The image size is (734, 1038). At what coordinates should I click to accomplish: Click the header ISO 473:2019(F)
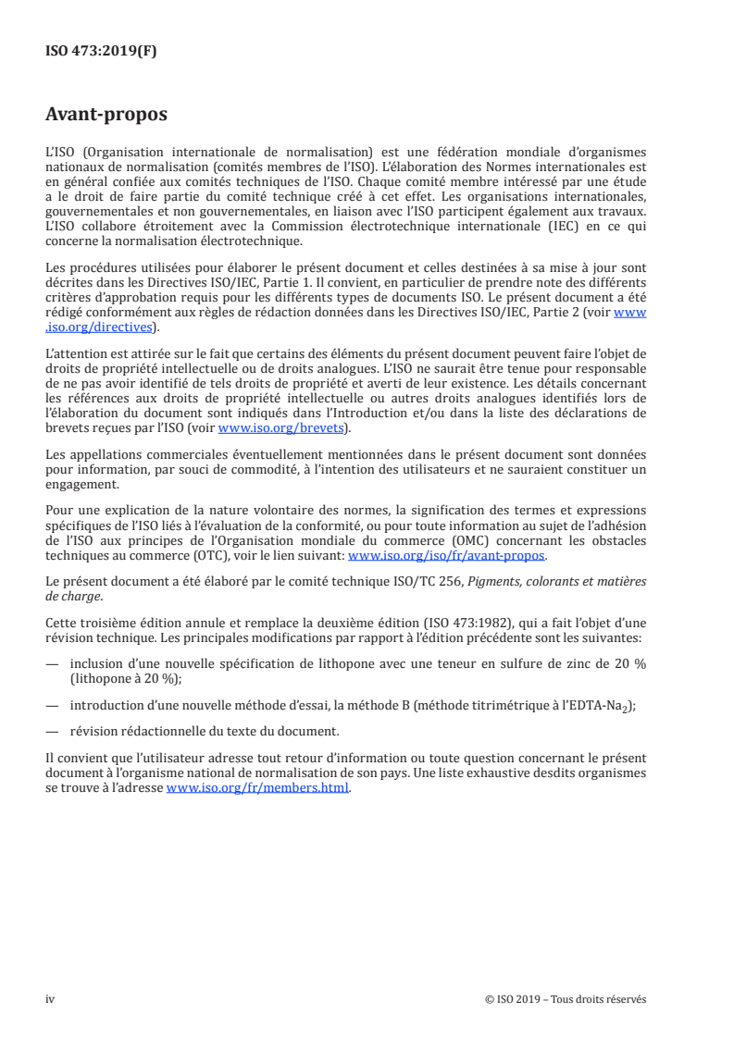[101, 52]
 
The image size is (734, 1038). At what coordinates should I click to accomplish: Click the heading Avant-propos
[106, 115]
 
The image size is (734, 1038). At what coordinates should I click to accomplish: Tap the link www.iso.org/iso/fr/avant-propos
[447, 556]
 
